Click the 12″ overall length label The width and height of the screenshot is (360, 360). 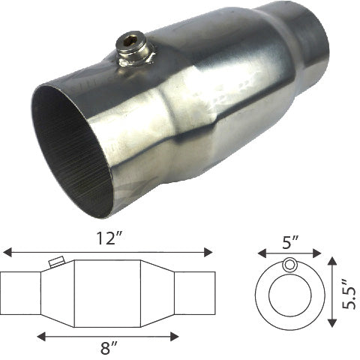pyautogui.click(x=106, y=238)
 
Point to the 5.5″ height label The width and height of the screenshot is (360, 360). pyautogui.click(x=346, y=289)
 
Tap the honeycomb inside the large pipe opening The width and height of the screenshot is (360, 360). pyautogui.click(x=71, y=150)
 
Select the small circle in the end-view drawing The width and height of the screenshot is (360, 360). pyautogui.click(x=289, y=265)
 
